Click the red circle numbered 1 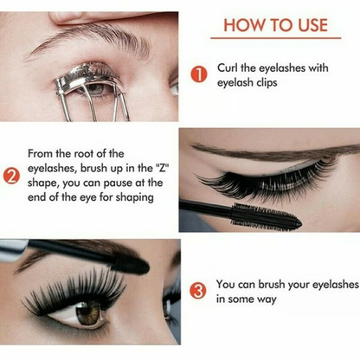(x=198, y=76)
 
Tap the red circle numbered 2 (x=11, y=178)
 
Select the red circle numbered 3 (x=198, y=290)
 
